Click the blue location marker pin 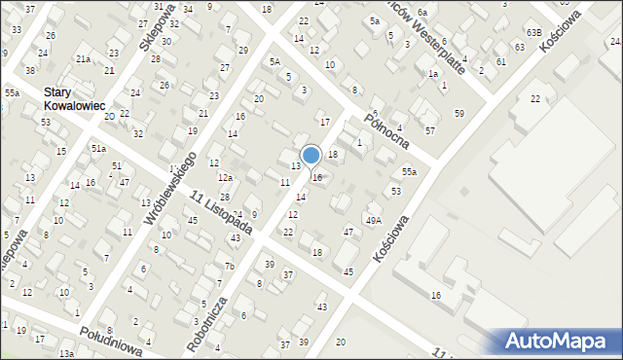click(311, 156)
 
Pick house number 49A click(373, 220)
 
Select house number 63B click(533, 32)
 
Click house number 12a click(225, 177)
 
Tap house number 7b click(229, 267)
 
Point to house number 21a click(84, 59)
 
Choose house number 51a click(98, 148)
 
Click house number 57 click(429, 129)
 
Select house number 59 click(458, 114)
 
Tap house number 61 click(500, 61)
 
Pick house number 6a click(422, 12)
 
